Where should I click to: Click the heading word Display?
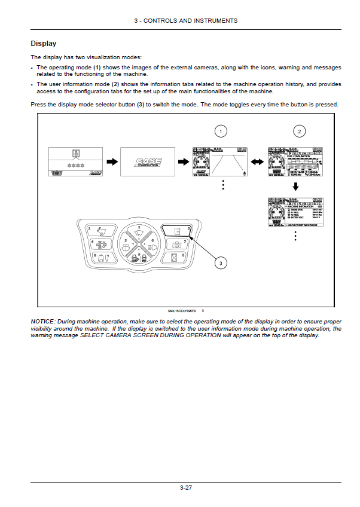click(44, 44)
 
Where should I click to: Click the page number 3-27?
click(185, 488)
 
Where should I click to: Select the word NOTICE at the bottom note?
click(42, 322)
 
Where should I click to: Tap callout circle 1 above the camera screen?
click(222, 130)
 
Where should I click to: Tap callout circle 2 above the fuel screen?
click(298, 130)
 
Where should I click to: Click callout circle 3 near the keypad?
click(221, 262)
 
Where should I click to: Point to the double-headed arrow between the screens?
click(255, 161)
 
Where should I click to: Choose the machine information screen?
click(295, 213)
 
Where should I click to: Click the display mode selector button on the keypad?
click(176, 230)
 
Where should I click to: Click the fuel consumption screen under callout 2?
click(295, 161)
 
